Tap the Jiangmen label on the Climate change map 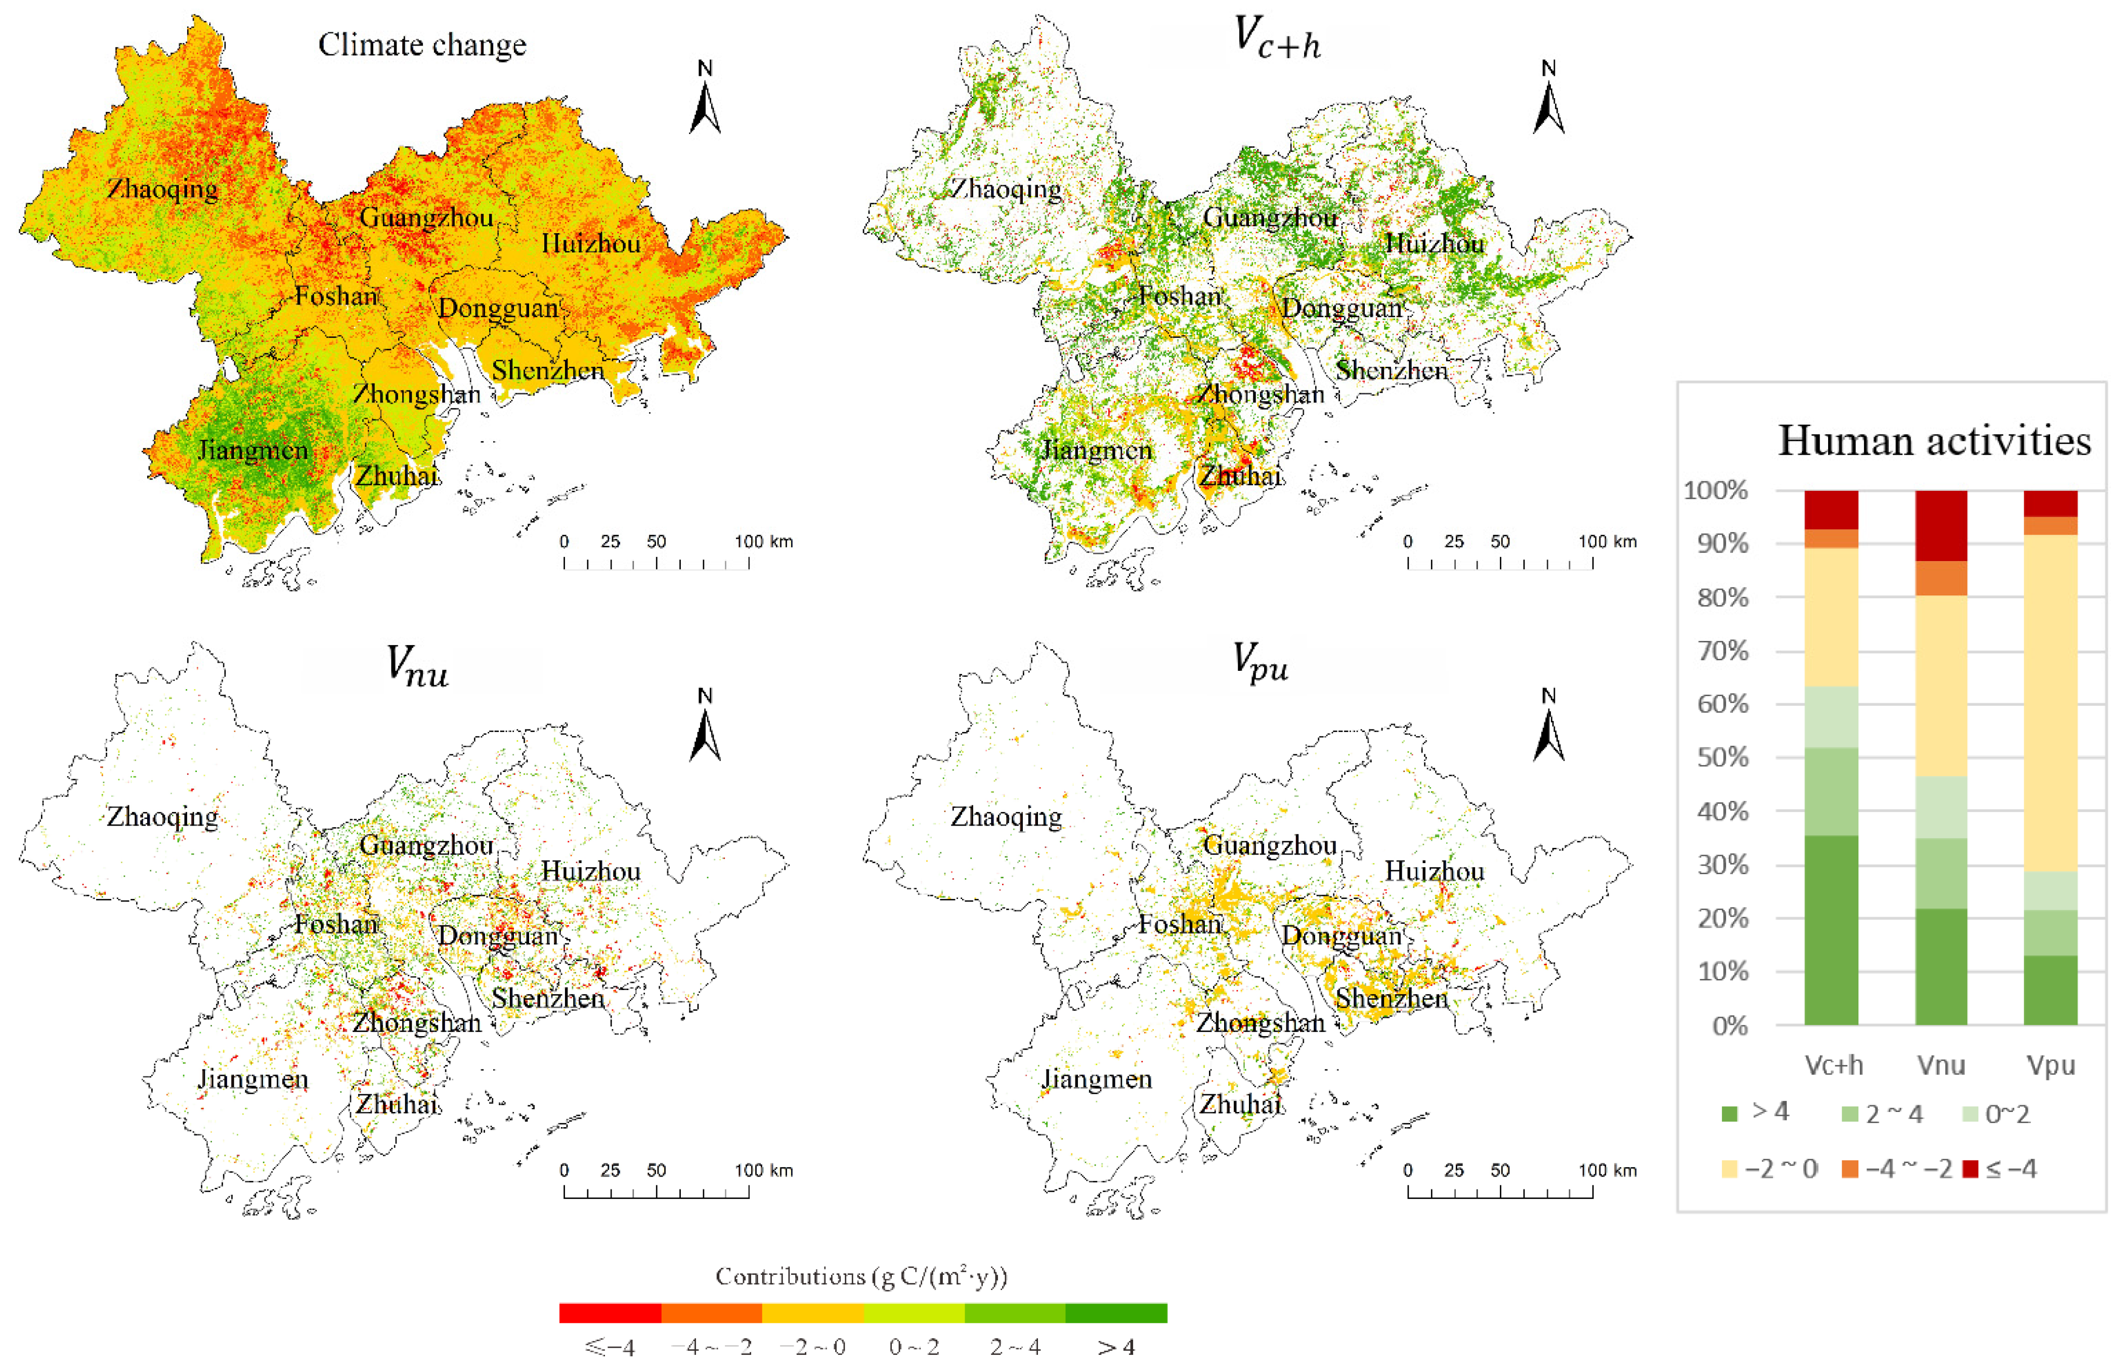pos(253,450)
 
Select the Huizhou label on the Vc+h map pos(1434,244)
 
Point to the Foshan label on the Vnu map pos(336,924)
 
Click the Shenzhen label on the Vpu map pos(1391,999)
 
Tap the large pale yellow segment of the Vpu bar pos(2050,703)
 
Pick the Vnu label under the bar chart pos(1940,1065)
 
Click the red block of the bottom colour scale pos(610,1313)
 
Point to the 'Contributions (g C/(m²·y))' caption pos(861,1276)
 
